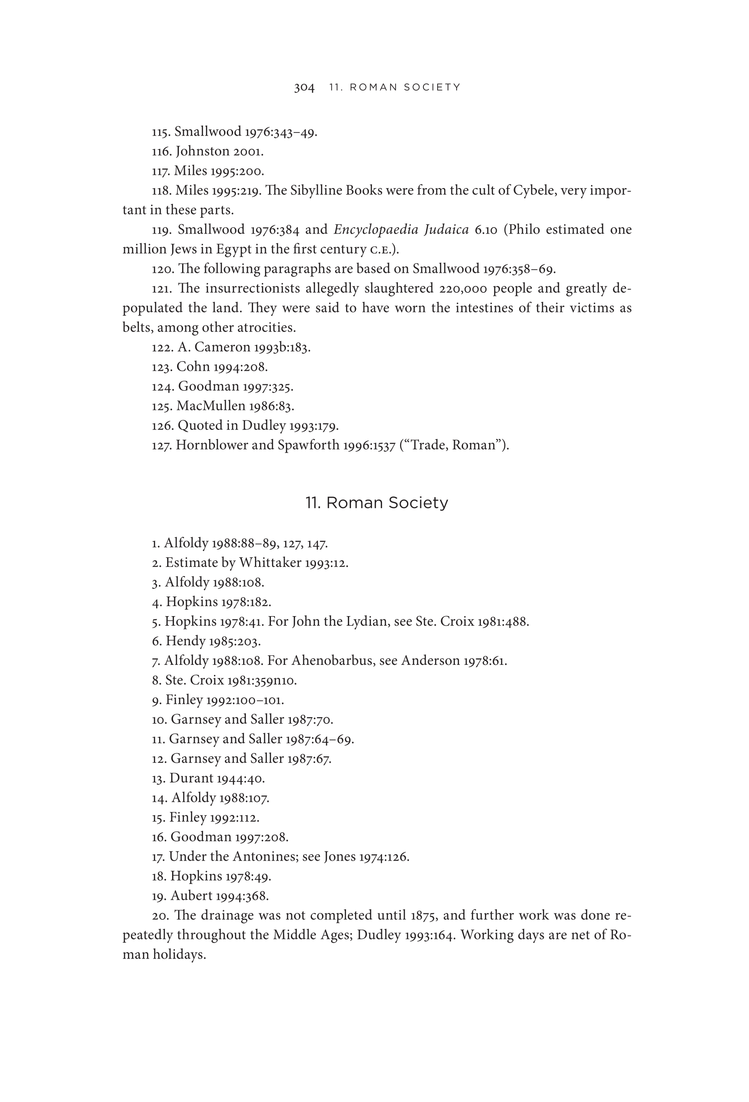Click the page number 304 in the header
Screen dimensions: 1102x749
click(x=304, y=88)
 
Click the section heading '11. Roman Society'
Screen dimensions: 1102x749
click(x=377, y=503)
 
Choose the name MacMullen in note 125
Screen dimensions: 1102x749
click(x=210, y=406)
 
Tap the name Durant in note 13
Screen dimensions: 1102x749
click(x=191, y=778)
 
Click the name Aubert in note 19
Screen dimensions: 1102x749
click(x=191, y=896)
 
